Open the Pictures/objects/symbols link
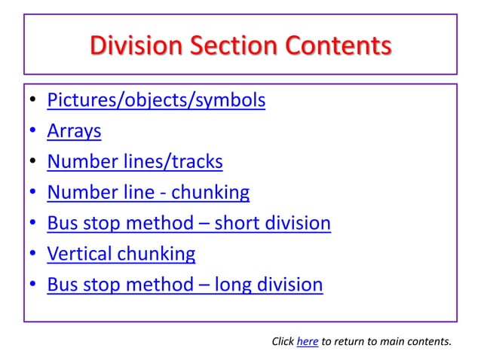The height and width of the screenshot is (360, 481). (x=156, y=100)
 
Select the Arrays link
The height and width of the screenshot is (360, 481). (x=74, y=131)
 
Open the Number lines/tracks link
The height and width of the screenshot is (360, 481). (x=134, y=162)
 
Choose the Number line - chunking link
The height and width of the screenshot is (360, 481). (x=148, y=193)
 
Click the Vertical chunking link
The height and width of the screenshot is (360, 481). (x=121, y=254)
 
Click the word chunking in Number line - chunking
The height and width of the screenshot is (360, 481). (x=210, y=193)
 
